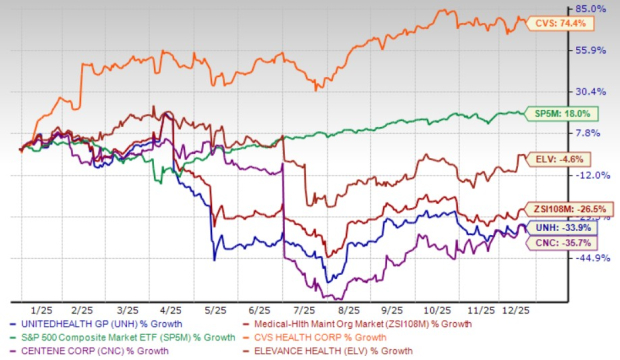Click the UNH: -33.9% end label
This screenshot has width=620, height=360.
click(x=559, y=227)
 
